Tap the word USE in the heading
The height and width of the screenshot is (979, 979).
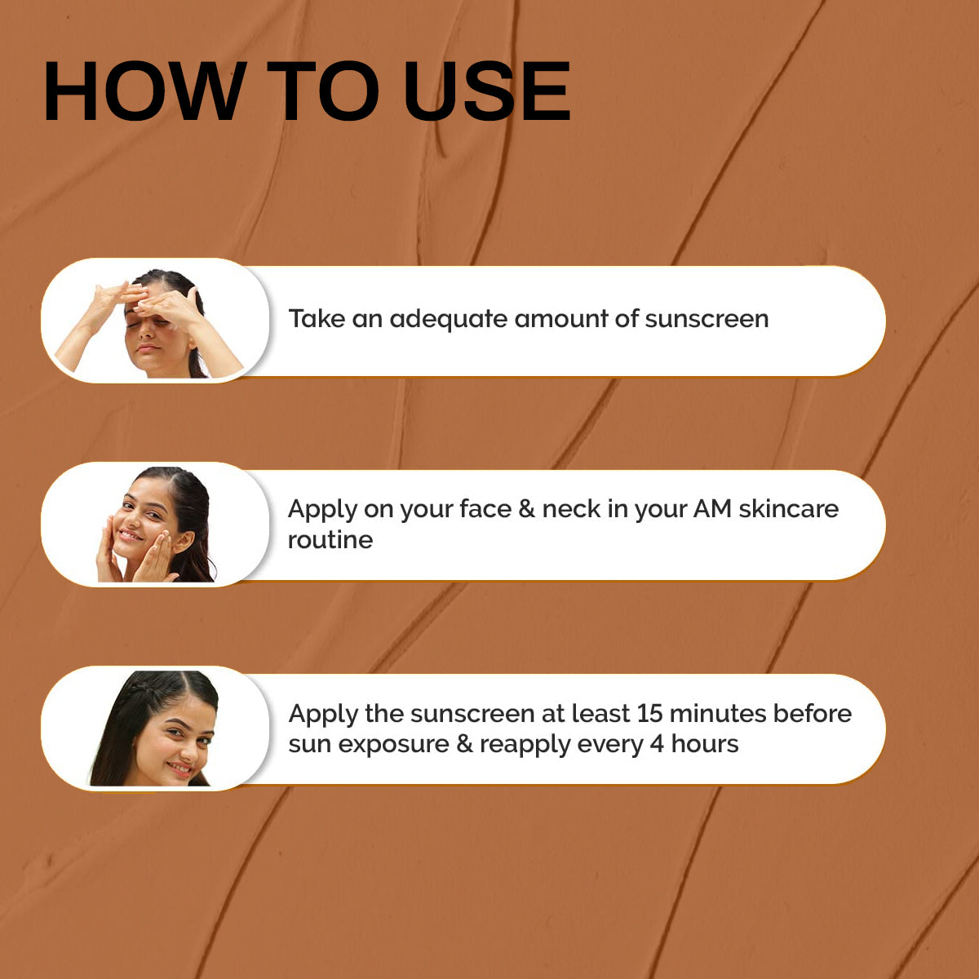487,91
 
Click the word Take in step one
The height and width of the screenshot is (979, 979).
317,318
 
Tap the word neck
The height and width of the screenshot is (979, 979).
571,509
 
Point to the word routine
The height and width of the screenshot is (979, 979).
330,540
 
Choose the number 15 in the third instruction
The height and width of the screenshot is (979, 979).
649,713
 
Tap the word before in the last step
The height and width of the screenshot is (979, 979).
812,713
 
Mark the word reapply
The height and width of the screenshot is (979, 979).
525,745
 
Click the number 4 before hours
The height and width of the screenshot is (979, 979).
657,744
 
